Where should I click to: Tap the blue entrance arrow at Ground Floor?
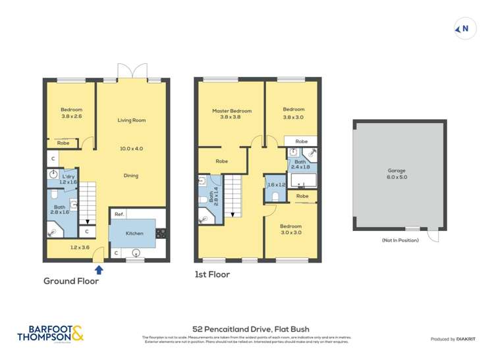coord(99,269)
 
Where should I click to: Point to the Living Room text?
coord(131,120)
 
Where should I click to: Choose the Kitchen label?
coord(134,234)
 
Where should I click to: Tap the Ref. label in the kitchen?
coord(119,215)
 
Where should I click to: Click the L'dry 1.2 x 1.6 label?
coord(69,179)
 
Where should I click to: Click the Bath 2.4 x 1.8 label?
coord(300,165)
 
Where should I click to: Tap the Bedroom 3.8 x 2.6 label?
coord(71,113)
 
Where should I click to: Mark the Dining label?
coord(130,176)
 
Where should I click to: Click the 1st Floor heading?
coord(212,274)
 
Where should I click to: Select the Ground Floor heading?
coord(71,281)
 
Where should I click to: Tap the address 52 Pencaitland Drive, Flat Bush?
coord(250,329)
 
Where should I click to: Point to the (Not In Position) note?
coord(400,240)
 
